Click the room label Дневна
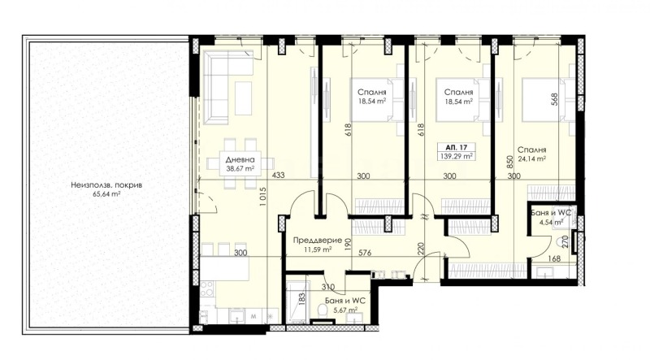click(240, 160)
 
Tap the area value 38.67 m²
click(240, 170)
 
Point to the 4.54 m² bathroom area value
click(547, 219)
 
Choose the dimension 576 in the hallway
click(365, 254)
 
